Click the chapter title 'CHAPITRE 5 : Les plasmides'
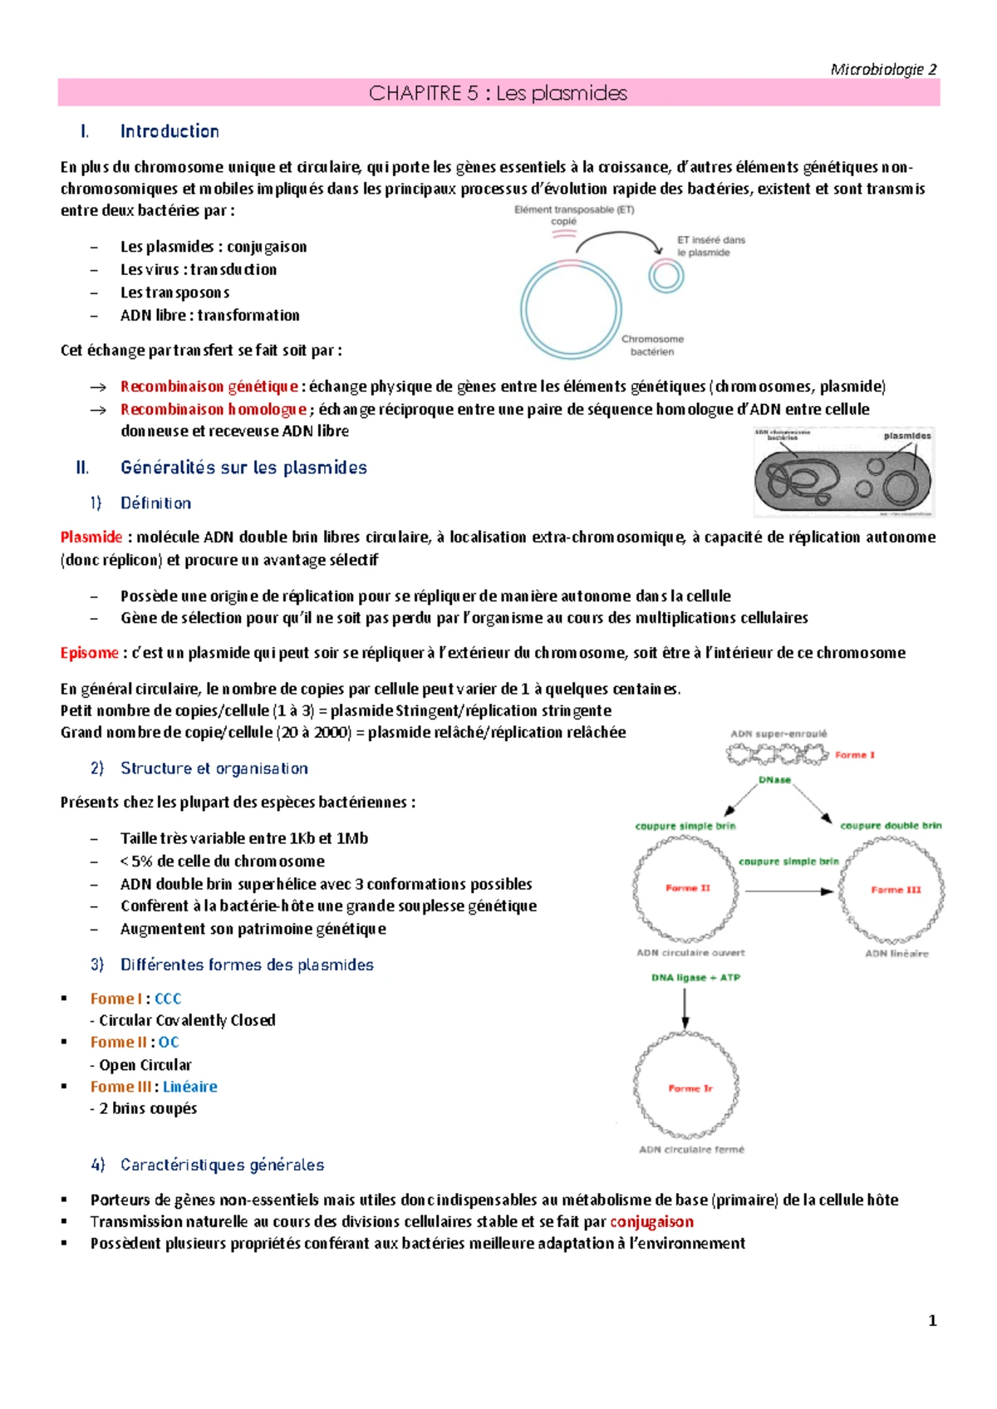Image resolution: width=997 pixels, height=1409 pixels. (498, 93)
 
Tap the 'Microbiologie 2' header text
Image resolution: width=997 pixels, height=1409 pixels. (883, 69)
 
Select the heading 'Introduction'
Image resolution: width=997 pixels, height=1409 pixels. (169, 131)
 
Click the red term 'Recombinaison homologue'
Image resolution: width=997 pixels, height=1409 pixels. (214, 409)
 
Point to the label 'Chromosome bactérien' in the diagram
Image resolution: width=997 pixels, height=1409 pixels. (652, 345)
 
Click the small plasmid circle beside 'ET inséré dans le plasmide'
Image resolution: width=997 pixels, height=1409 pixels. (666, 276)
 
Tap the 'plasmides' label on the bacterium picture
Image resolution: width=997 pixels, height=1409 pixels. (906, 435)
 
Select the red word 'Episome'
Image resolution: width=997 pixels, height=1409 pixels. (89, 653)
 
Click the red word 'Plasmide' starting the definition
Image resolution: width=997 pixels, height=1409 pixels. (91, 538)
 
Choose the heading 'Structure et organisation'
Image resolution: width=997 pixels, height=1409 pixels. (214, 768)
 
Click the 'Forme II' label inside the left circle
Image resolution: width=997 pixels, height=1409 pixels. (687, 888)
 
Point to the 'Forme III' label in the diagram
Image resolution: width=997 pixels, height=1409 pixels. (896, 890)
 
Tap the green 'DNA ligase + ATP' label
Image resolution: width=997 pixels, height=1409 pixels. (695, 978)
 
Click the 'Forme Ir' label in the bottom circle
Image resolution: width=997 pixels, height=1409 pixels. (690, 1088)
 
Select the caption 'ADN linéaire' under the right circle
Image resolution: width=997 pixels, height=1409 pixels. (896, 954)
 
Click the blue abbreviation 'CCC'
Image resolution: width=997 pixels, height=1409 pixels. (168, 999)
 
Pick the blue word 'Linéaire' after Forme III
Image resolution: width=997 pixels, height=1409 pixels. (190, 1087)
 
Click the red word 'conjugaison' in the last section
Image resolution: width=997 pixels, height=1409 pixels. (651, 1221)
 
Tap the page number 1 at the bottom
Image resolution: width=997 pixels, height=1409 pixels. (932, 1320)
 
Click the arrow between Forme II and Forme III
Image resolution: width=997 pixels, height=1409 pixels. (788, 891)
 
